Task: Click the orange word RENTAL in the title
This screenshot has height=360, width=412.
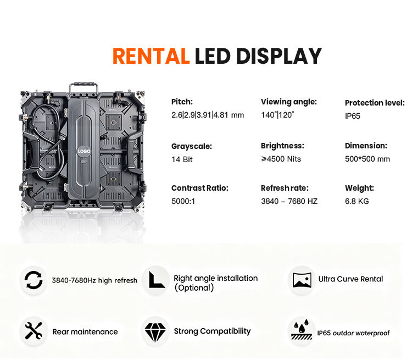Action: (x=151, y=56)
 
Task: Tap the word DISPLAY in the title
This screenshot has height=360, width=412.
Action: (x=278, y=56)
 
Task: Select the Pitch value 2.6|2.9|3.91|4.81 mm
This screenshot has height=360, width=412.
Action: (x=207, y=115)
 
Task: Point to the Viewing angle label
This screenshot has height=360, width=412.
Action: (x=288, y=102)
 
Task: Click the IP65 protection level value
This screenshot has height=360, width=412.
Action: (x=353, y=116)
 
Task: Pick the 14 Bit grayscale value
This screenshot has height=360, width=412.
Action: (x=182, y=159)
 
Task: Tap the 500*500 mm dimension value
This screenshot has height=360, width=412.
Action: (x=367, y=159)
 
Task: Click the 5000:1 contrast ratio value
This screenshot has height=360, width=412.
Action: (x=183, y=201)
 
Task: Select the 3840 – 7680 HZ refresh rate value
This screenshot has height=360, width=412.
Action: (x=289, y=201)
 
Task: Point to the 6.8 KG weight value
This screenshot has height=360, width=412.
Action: (x=357, y=201)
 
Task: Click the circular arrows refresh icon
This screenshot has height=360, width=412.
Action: (x=34, y=280)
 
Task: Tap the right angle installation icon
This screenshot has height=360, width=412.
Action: (x=155, y=280)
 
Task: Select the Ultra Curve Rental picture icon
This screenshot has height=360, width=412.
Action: (x=302, y=279)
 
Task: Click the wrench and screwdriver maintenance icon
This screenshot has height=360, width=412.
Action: (x=34, y=331)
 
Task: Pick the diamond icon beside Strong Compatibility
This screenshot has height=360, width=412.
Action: (x=155, y=331)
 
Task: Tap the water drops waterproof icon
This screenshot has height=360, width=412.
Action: (x=302, y=331)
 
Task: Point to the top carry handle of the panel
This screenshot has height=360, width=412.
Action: (x=83, y=88)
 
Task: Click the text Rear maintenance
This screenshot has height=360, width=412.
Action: (x=85, y=332)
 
